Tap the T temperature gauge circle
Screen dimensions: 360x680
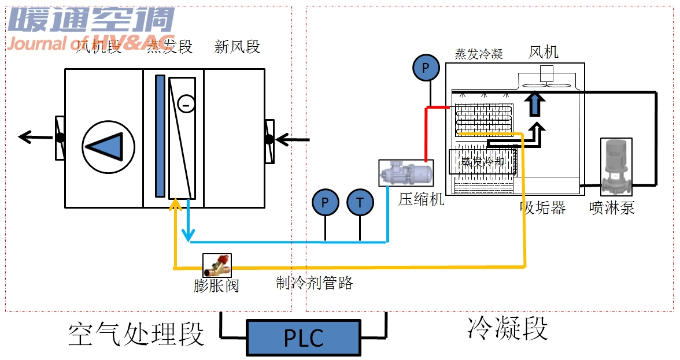tap(360, 202)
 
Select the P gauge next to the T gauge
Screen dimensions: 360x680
tap(326, 202)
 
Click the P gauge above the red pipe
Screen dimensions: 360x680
tap(426, 68)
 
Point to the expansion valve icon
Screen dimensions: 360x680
tap(217, 266)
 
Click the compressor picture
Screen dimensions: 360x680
tap(405, 173)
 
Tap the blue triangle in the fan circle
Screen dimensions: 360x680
tap(108, 143)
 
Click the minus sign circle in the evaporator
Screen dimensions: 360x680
tap(186, 104)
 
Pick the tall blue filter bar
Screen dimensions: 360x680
tap(160, 136)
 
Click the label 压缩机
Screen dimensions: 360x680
tap(422, 199)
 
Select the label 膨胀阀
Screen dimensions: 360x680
tap(216, 285)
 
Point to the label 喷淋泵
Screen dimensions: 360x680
tap(612, 208)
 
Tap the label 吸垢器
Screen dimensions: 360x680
tap(542, 208)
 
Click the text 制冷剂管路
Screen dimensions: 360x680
tap(314, 283)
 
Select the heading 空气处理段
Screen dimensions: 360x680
tap(136, 334)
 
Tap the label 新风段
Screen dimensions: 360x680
tap(237, 47)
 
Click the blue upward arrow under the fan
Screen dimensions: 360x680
tap(535, 104)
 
